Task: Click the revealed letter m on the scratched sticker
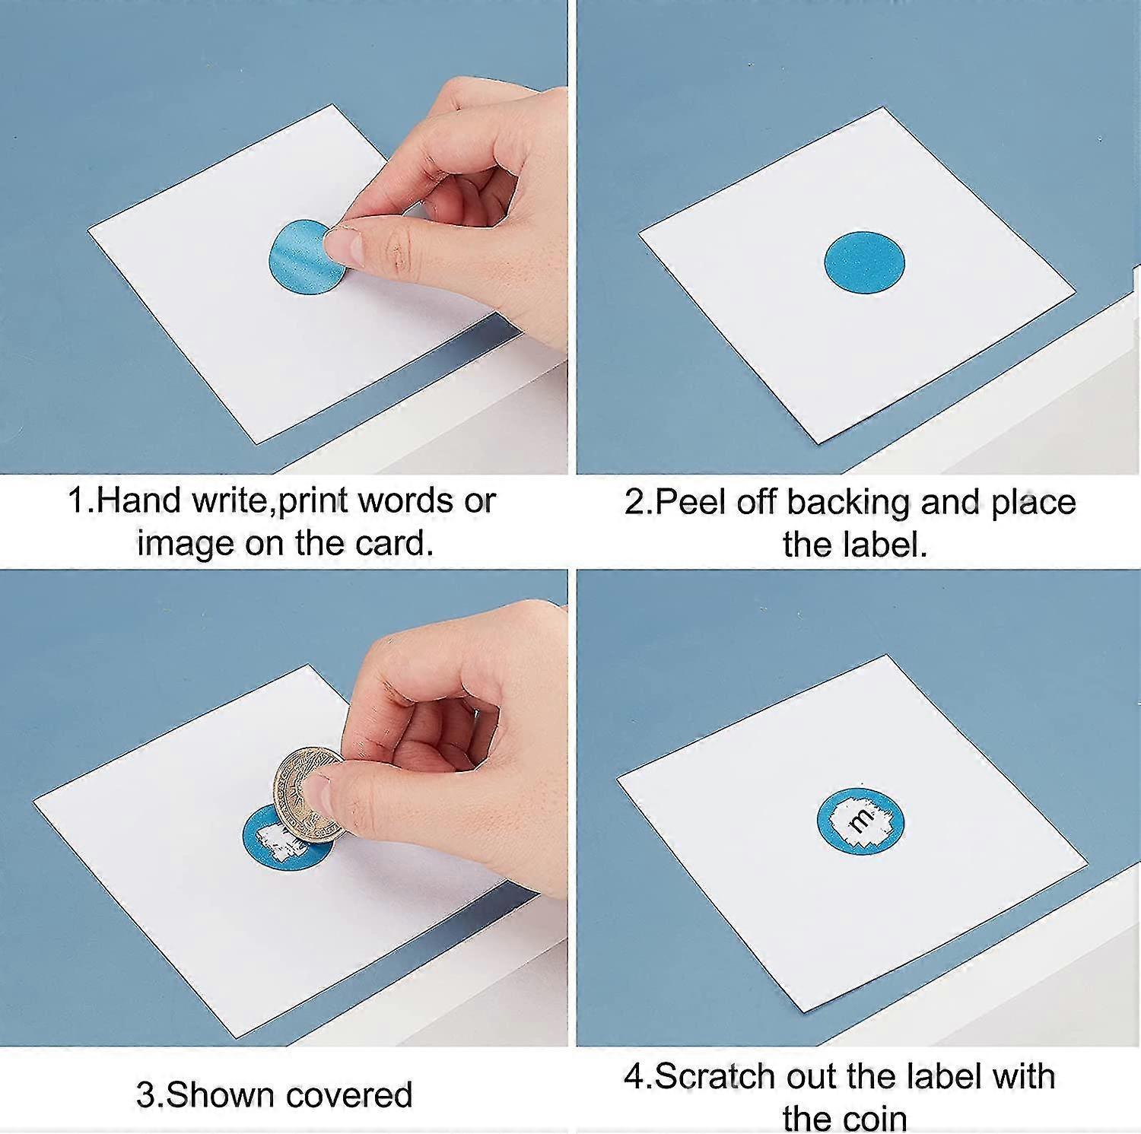click(861, 820)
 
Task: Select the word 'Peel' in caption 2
click(689, 502)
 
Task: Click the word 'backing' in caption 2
click(847, 503)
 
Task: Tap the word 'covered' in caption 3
click(349, 1095)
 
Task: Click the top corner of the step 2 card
click(884, 109)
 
